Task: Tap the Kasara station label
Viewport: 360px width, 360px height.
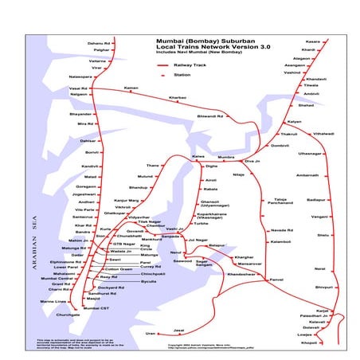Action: coord(312,41)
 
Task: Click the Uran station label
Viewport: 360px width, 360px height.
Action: coord(151,333)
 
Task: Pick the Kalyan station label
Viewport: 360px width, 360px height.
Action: coord(294,121)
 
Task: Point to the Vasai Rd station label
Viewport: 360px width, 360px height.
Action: coord(78,88)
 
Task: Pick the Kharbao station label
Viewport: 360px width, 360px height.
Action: coord(177,97)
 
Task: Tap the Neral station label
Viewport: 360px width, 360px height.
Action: coord(319,269)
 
